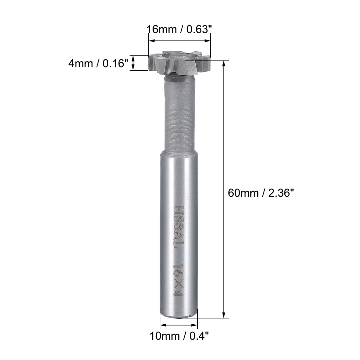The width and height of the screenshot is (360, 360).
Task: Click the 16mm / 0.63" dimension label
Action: pos(179,30)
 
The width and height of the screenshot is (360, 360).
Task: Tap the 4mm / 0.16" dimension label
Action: pos(98,63)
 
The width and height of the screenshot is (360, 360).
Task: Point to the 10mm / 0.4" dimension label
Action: pos(179,336)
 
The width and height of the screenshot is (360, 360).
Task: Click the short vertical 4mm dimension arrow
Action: pos(133,63)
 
